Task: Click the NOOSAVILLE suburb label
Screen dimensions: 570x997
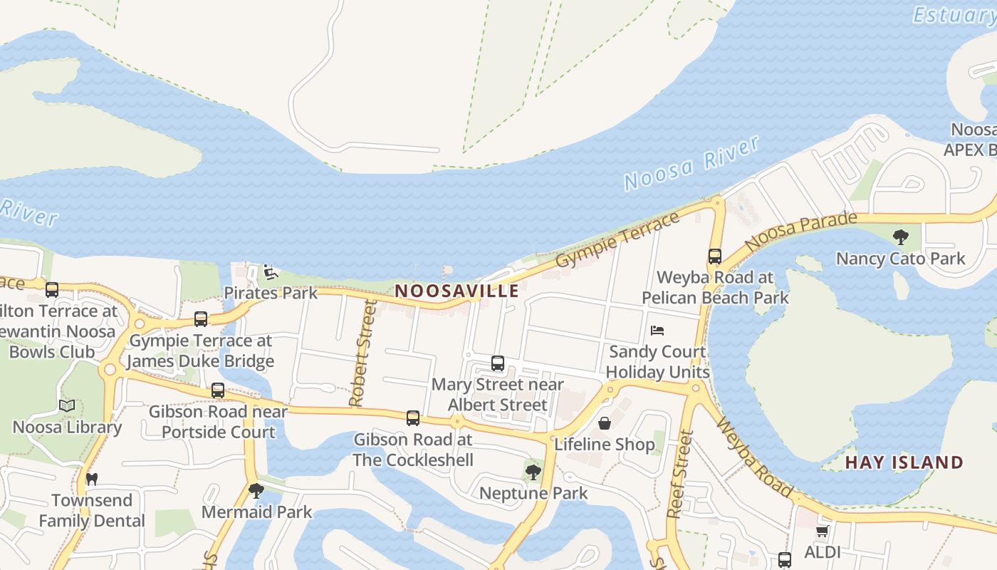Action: [456, 291]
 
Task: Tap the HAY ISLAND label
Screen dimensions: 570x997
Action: [904, 462]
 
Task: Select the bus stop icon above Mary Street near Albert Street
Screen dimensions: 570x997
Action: [498, 363]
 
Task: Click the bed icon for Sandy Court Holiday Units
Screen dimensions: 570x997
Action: [657, 331]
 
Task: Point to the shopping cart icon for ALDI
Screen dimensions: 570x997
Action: [822, 532]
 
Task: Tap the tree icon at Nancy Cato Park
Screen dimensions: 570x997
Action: [900, 237]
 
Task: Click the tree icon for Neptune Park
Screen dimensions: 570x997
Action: [533, 472]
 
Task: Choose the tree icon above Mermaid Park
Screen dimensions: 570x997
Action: [256, 491]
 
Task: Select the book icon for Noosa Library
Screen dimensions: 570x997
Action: [67, 406]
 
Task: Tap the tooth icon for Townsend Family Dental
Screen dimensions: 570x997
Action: [91, 479]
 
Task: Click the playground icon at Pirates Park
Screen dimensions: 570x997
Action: [270, 272]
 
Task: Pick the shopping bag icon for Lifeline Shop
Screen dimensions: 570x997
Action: [604, 423]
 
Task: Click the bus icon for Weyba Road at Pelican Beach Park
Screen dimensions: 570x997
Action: [714, 256]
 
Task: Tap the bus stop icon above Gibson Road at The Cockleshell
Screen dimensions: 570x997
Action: [413, 418]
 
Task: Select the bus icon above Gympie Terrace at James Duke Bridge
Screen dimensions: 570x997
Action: [201, 319]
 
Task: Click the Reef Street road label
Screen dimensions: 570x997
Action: [679, 474]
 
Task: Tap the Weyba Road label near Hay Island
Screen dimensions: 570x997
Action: [754, 457]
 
